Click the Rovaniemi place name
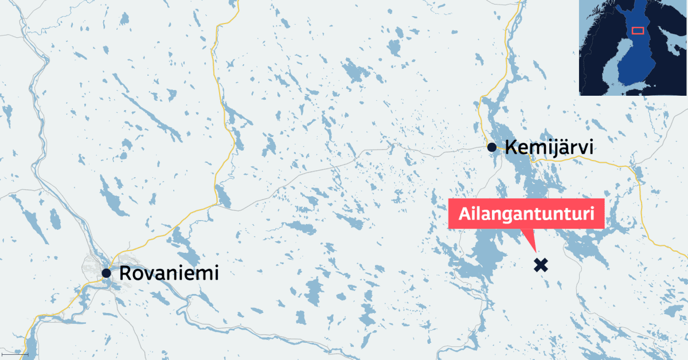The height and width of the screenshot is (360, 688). point(169,273)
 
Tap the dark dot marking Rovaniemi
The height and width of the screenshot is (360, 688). point(106,273)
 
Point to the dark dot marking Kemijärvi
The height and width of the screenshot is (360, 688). point(492,147)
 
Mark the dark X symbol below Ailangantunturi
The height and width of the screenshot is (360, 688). point(540,265)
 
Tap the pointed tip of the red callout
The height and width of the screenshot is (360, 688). point(534,251)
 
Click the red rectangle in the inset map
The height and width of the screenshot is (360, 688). point(638,30)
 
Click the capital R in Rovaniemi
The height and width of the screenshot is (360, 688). point(125,273)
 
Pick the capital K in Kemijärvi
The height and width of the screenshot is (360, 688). point(510,148)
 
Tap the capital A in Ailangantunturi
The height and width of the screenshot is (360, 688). point(465,216)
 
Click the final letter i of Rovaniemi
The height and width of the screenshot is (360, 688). point(216,273)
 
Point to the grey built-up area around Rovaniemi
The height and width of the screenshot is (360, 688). point(92,267)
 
